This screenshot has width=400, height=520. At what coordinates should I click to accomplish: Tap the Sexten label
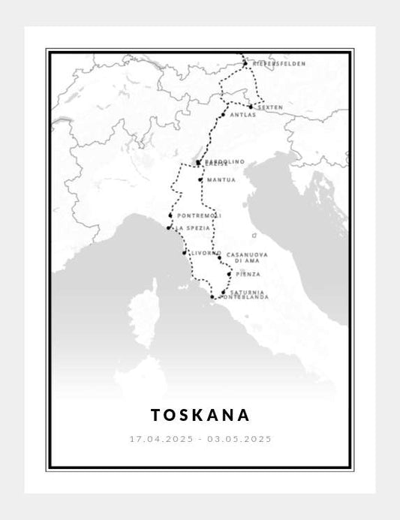click(x=270, y=107)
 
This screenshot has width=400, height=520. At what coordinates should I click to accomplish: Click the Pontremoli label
click(x=199, y=216)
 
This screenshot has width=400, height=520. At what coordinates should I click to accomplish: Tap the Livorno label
click(x=206, y=253)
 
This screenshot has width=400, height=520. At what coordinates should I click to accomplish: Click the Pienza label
click(x=248, y=274)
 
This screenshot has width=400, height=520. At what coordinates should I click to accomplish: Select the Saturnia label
click(x=248, y=291)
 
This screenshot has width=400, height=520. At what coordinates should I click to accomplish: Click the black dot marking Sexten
click(x=251, y=107)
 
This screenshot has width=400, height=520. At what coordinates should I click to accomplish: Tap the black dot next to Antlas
click(x=223, y=115)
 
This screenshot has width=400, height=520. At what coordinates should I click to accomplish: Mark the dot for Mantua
click(x=200, y=180)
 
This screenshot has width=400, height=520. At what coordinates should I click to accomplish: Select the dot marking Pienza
click(x=228, y=274)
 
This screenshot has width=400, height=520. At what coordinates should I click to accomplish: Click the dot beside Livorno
click(x=185, y=253)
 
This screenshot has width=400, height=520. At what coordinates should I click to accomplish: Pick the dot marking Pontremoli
click(x=171, y=216)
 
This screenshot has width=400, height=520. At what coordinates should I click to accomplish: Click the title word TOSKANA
click(x=200, y=415)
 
